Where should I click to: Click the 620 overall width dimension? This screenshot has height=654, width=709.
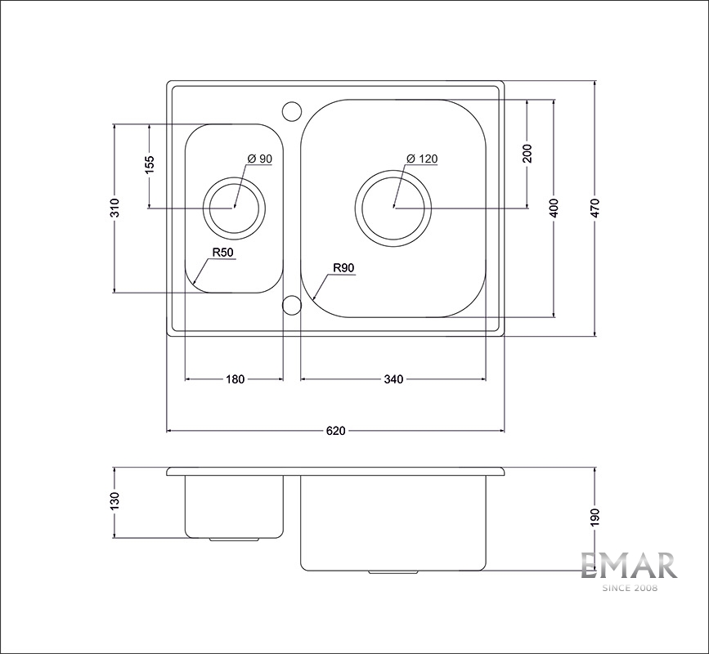point(335,431)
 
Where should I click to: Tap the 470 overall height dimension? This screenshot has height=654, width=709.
point(595,208)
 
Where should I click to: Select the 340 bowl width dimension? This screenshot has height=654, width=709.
point(393,379)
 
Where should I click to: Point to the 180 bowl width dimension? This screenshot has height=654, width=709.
point(235,379)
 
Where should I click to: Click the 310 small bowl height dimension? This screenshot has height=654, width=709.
point(114,208)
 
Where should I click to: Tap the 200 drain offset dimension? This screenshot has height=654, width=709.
point(527,154)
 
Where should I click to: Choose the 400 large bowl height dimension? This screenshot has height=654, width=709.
point(554,208)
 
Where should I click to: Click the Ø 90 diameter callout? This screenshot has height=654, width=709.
point(260,159)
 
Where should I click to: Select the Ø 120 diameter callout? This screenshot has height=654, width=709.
point(422,159)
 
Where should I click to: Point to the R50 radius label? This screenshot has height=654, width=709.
point(223,253)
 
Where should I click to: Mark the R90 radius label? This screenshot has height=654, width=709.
point(343,268)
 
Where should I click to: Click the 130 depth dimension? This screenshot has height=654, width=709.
point(114,502)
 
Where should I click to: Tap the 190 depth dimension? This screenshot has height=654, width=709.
point(595,517)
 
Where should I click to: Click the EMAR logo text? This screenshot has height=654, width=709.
point(629,566)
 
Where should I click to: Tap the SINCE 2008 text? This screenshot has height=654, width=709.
point(629,588)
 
